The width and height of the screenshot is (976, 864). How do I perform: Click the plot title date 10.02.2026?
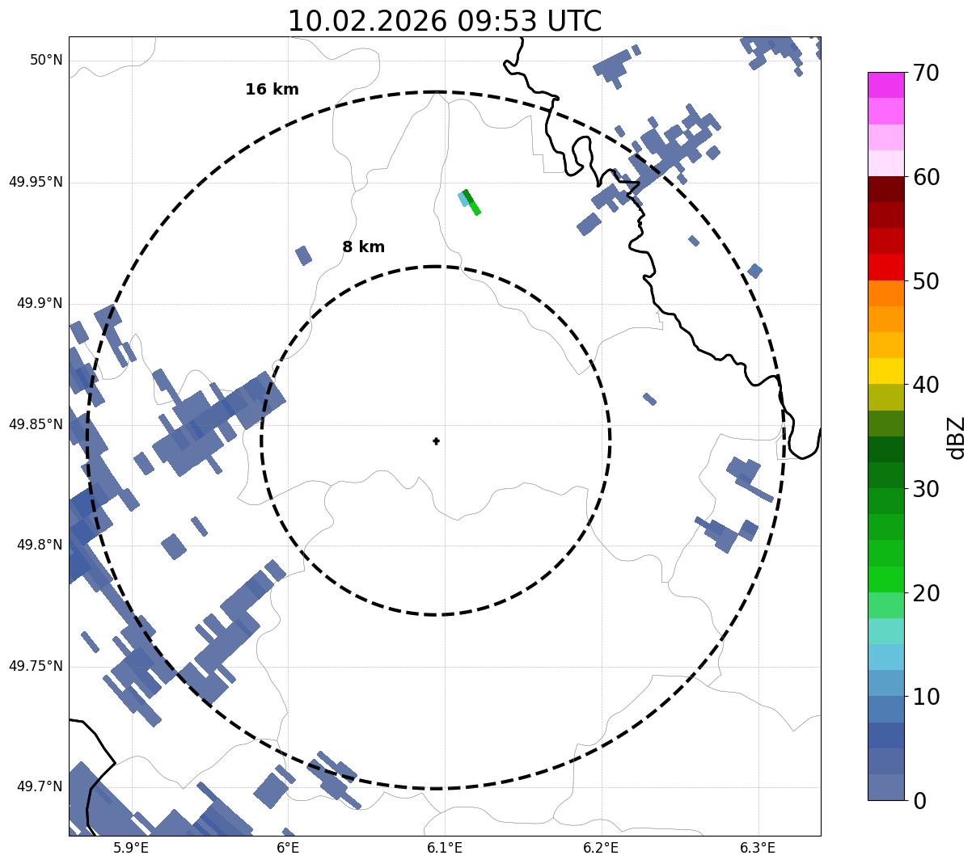tap(366, 21)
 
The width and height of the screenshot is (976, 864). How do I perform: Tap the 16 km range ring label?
tap(272, 90)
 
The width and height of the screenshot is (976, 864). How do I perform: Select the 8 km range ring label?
tap(363, 247)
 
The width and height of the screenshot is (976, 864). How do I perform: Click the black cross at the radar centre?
tap(437, 440)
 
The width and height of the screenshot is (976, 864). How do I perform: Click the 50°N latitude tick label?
tap(46, 60)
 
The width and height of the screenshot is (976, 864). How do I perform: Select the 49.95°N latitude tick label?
tap(36, 182)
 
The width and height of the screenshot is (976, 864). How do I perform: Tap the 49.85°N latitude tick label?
tap(36, 424)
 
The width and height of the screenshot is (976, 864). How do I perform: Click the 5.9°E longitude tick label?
tap(131, 848)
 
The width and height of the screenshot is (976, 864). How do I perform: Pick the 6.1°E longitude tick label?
tap(445, 848)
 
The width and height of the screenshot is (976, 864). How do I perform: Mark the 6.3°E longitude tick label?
tap(758, 848)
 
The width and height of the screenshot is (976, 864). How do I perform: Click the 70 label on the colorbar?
tap(926, 73)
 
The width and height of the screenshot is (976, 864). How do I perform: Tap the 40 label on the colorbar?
tap(926, 385)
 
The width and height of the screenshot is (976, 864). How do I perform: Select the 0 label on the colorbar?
tap(920, 801)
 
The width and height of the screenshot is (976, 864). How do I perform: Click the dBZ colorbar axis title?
tap(957, 438)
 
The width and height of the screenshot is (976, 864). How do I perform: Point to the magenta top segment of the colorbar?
tap(885, 85)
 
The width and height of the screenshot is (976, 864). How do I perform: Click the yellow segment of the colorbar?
tap(885, 371)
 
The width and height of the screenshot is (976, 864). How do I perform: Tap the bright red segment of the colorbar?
tap(885, 267)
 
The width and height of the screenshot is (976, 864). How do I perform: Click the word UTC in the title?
tap(571, 21)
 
